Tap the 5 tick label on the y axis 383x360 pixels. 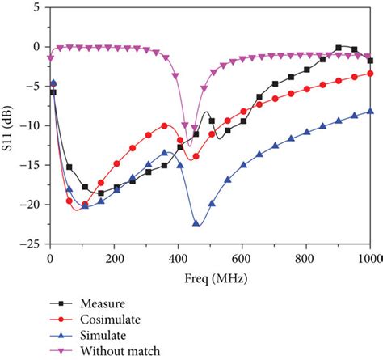pos(37,7)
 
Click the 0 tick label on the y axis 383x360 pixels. pos(37,47)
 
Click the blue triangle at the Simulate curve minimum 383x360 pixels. pos(196,222)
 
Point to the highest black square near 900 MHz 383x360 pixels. pos(339,48)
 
